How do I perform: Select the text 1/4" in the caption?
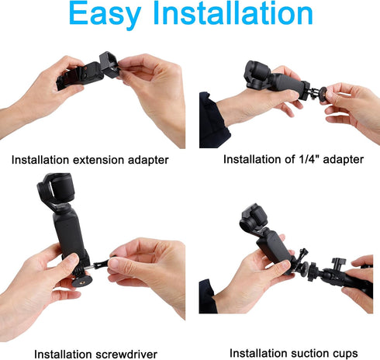tap(307, 160)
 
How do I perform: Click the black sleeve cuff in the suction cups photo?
tap(207, 297)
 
